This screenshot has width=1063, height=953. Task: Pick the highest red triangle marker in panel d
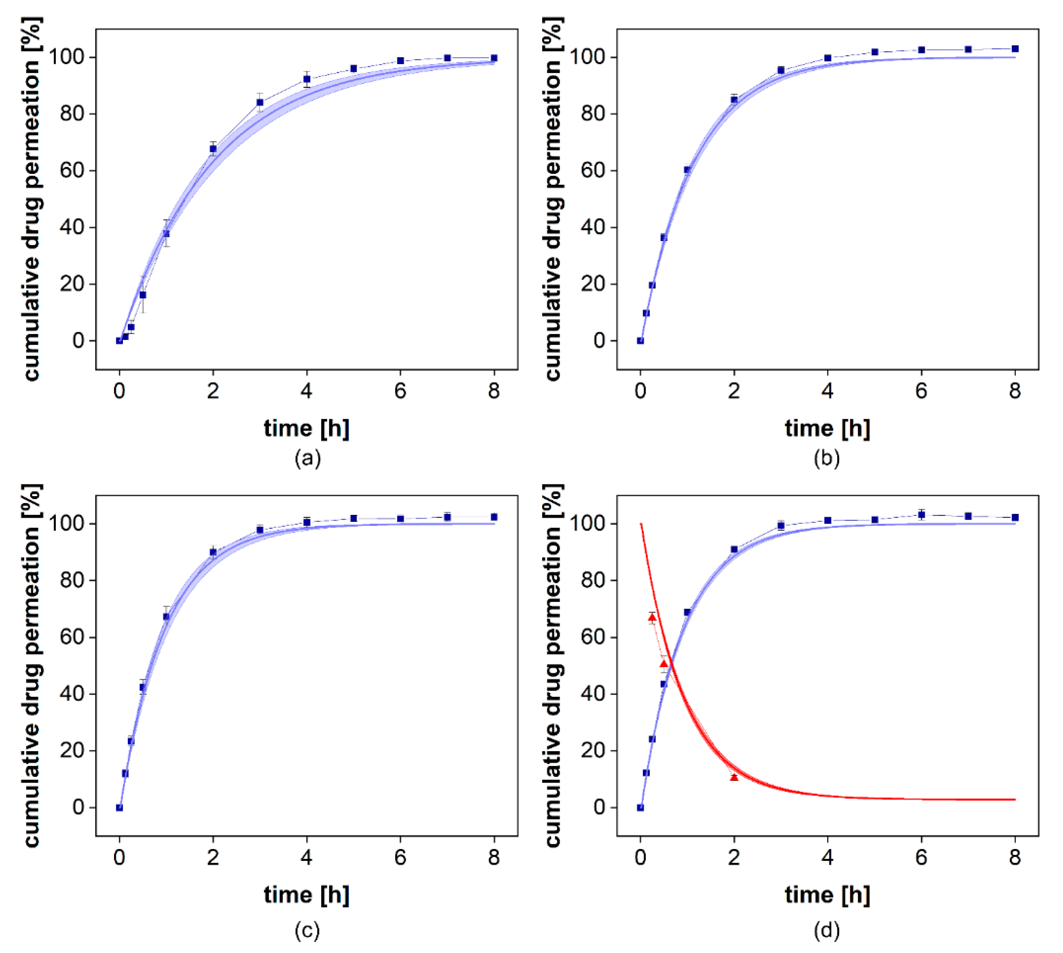652,617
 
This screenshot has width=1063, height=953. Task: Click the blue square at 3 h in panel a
260,103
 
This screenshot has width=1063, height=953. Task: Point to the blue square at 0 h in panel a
119,341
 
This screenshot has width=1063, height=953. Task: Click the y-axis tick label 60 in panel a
72,171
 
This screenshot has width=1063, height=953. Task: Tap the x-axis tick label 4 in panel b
828,391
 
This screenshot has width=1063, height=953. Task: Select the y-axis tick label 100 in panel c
67,524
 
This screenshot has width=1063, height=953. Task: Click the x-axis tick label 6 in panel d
921,857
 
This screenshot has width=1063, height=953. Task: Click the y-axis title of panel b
553,199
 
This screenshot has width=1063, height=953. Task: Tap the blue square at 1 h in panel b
687,170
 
